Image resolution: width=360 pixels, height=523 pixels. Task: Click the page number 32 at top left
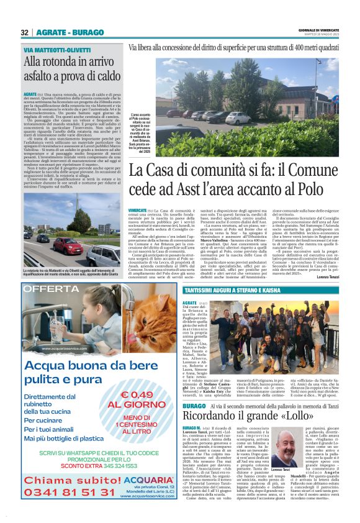point(25,32)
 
